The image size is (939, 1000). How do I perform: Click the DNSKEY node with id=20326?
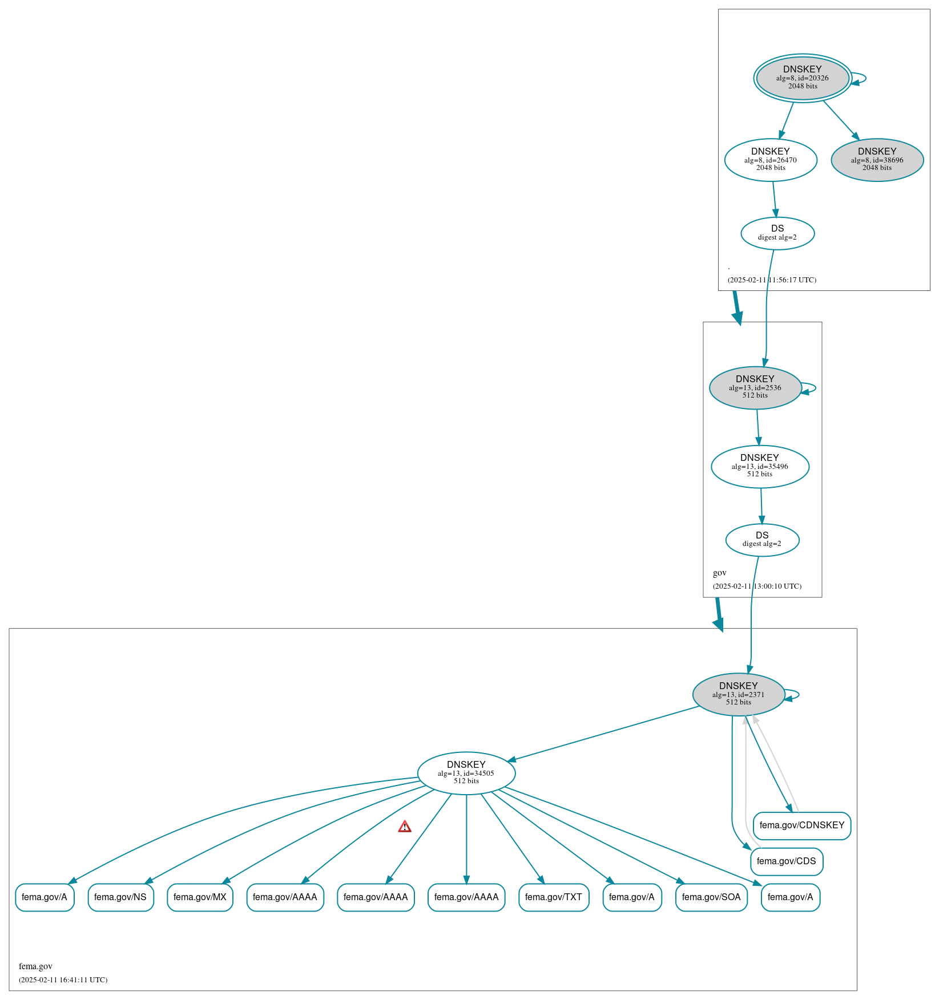[802, 78]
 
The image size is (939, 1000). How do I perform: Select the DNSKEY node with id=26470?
[770, 160]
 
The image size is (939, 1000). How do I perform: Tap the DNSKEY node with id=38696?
[877, 160]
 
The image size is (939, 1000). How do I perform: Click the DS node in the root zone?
[777, 233]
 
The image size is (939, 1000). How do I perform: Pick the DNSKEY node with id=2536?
[755, 387]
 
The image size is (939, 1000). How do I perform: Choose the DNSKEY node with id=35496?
[759, 466]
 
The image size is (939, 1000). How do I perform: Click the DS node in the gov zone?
[761, 539]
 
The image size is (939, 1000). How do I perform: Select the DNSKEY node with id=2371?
[738, 694]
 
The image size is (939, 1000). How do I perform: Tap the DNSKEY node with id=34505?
[466, 773]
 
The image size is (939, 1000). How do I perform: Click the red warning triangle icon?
[405, 827]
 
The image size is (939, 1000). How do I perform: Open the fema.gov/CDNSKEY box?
[801, 825]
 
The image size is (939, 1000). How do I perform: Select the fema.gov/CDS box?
[786, 861]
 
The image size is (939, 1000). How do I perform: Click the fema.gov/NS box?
[120, 897]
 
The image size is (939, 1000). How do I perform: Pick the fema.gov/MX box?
[200, 897]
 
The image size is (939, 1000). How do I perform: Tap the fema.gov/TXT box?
[553, 897]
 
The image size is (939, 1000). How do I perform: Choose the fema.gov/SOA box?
[711, 897]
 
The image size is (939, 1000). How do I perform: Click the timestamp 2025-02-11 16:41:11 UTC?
[63, 979]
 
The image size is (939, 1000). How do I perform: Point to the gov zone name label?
[719, 573]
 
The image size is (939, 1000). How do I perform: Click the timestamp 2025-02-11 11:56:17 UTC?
[771, 280]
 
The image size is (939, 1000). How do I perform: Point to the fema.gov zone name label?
[35, 966]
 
